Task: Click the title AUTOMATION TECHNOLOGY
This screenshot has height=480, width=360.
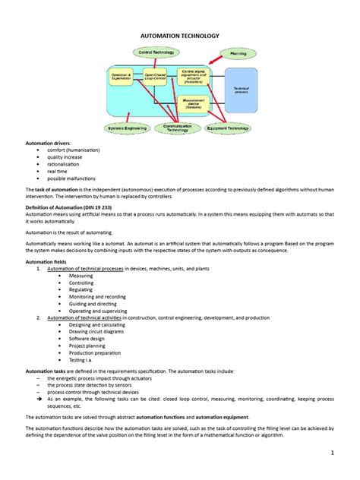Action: point(179,36)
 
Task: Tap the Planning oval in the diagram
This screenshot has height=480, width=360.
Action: point(237,55)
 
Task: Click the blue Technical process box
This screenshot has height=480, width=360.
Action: point(242,90)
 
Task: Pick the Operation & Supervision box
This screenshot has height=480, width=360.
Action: point(122,78)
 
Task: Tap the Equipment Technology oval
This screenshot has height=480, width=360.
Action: point(228,128)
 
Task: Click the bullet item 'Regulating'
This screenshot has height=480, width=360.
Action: point(81,289)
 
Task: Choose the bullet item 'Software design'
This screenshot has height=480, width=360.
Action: point(87,338)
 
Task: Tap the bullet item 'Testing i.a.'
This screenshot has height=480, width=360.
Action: point(84,359)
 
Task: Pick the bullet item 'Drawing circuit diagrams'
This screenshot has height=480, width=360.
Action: point(97,331)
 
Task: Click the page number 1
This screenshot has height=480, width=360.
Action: point(333,453)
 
